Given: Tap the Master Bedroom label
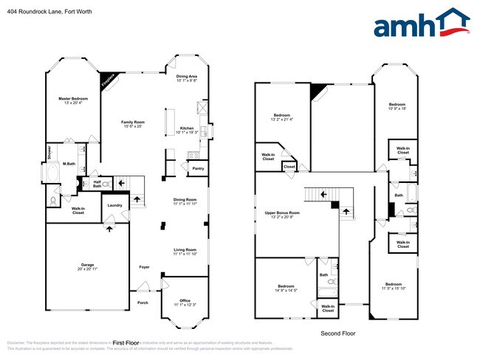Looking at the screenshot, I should point(74,101).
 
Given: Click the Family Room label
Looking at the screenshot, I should point(133,124).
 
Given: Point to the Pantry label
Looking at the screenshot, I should point(198,169).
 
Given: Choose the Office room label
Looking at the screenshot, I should point(184,302).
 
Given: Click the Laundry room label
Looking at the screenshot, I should point(114,205).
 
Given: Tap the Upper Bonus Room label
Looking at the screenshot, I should point(282,215).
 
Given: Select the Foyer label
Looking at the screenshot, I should point(145,267).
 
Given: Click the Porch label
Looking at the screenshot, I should point(143,302).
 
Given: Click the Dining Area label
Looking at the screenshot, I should point(186,78).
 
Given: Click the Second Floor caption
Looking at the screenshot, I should point(337,333).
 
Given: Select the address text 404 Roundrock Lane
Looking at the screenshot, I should point(38,10).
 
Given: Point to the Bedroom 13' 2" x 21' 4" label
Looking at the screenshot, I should point(282,117).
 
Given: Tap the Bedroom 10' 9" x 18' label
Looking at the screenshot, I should point(397,106).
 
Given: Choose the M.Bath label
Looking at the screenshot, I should point(68,164).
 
